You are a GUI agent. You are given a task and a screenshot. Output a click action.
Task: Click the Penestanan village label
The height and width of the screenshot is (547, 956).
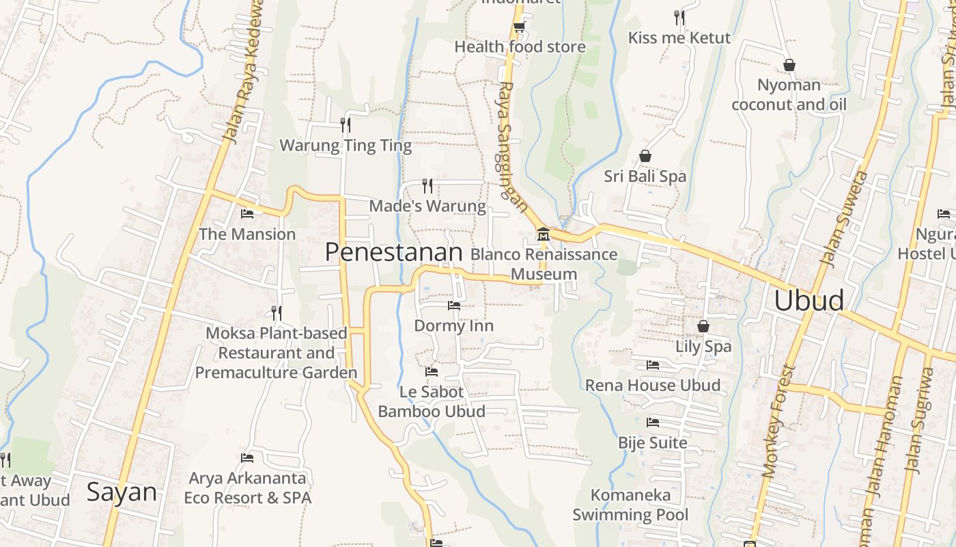click(394, 252)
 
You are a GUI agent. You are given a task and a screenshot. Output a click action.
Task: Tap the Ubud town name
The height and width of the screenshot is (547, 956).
click(809, 301)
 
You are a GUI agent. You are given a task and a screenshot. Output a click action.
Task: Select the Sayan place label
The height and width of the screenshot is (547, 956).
click(122, 492)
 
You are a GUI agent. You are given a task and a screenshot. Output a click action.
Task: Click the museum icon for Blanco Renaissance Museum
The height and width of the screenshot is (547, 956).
click(544, 234)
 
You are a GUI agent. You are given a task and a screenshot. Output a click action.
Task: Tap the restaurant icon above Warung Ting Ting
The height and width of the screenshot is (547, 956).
click(346, 124)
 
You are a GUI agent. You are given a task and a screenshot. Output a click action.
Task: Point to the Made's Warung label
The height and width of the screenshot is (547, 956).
click(427, 206)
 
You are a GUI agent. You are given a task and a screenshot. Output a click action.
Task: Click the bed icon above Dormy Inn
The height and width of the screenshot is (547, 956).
click(454, 305)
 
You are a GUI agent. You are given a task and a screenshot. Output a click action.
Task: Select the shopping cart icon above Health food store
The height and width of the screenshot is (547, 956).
click(520, 27)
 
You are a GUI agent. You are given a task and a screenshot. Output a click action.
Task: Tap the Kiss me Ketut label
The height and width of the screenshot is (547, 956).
click(679, 38)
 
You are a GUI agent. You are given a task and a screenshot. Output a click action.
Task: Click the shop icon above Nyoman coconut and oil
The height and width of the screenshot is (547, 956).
click(789, 65)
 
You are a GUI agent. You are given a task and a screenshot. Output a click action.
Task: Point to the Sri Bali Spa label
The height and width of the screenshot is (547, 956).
click(645, 176)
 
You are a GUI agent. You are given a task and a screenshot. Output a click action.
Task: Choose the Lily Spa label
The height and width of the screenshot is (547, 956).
click(703, 346)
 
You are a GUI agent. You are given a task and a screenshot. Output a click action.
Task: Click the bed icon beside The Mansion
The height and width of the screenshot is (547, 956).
click(247, 214)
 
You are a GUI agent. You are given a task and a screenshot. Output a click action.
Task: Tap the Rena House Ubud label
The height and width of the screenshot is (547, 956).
click(653, 385)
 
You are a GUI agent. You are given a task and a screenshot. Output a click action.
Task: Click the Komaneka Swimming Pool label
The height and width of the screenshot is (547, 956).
click(630, 505)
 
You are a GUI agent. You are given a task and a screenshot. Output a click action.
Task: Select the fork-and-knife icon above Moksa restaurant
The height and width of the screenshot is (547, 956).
click(277, 313)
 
